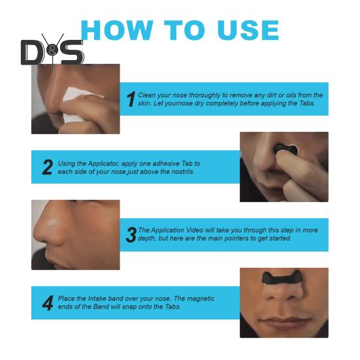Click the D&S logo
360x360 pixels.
(52, 52)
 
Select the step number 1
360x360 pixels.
(131, 99)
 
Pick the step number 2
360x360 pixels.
(47, 167)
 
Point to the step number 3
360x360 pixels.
(131, 235)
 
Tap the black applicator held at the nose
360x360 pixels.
(286, 151)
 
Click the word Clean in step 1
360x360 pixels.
(146, 95)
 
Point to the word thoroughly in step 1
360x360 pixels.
(200, 95)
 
